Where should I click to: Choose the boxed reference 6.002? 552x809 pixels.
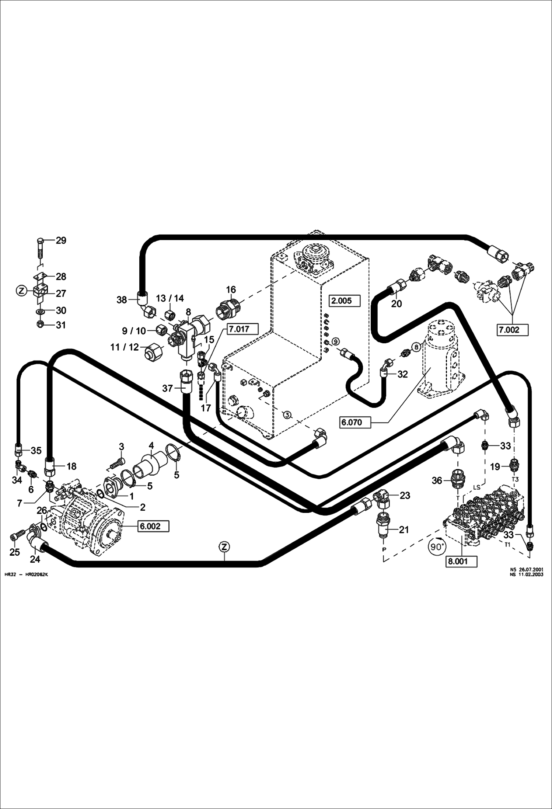pyautogui.click(x=153, y=526)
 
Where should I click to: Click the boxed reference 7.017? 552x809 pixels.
pyautogui.click(x=240, y=329)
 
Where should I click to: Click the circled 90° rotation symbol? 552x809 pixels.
pyautogui.click(x=437, y=547)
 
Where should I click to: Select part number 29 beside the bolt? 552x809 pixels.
pyautogui.click(x=61, y=240)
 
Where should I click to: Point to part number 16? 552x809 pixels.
pyautogui.click(x=231, y=289)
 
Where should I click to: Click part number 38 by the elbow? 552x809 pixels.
pyautogui.click(x=122, y=300)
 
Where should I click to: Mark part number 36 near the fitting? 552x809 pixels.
pyautogui.click(x=437, y=480)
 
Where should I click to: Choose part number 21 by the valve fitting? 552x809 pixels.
pyautogui.click(x=404, y=530)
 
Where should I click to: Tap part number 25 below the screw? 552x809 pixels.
pyautogui.click(x=15, y=552)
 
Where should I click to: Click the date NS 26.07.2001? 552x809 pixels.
pyautogui.click(x=526, y=569)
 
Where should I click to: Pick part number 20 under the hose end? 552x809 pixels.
pyautogui.click(x=396, y=303)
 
